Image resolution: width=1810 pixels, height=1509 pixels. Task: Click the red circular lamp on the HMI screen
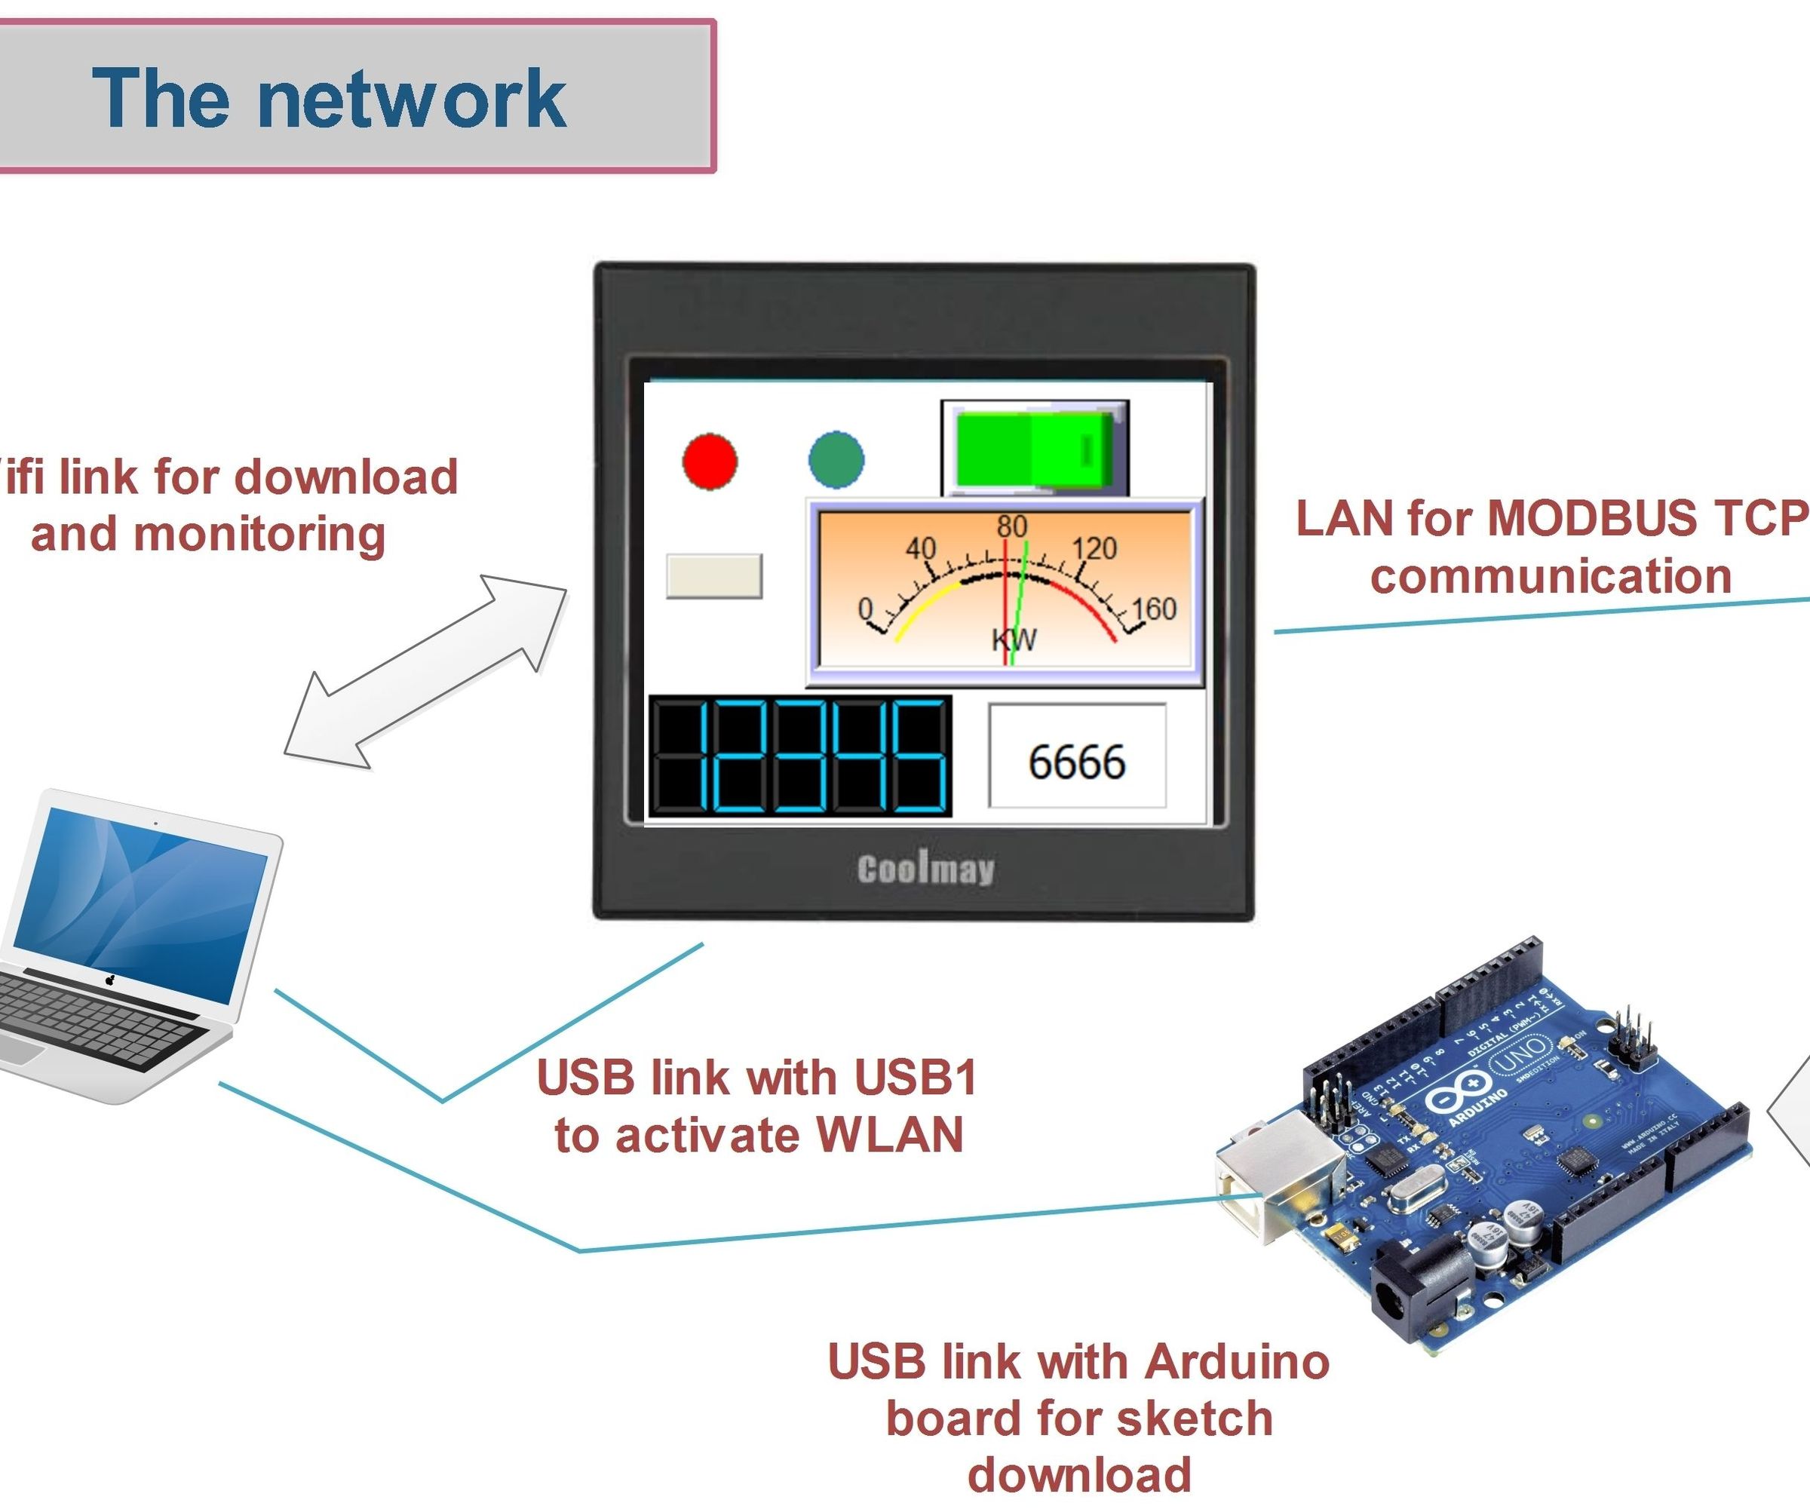pyautogui.click(x=710, y=462)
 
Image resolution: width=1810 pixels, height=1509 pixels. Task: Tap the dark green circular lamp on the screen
pyautogui.click(x=836, y=459)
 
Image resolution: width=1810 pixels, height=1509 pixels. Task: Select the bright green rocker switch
pyautogui.click(x=1034, y=450)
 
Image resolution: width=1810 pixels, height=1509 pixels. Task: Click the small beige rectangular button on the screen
pyautogui.click(x=713, y=575)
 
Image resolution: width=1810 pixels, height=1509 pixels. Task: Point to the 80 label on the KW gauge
pyautogui.click(x=1012, y=526)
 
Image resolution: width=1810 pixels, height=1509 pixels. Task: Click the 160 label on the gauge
pyautogui.click(x=1153, y=609)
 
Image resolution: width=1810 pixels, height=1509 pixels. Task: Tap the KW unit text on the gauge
pyautogui.click(x=1014, y=639)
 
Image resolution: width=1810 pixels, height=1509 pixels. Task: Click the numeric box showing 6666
pyautogui.click(x=1076, y=756)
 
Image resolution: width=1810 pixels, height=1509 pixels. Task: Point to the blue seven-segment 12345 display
pyautogui.click(x=800, y=756)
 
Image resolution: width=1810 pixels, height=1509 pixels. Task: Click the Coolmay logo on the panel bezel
pyautogui.click(x=925, y=869)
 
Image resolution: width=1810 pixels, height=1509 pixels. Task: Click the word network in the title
pyautogui.click(x=412, y=99)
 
